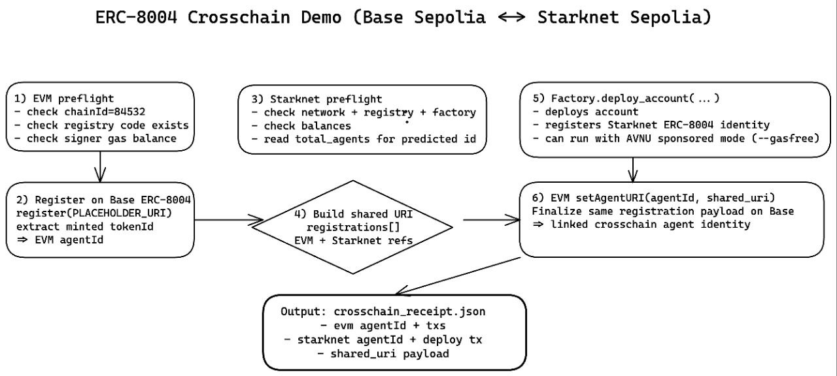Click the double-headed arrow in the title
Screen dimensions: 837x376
tap(511, 17)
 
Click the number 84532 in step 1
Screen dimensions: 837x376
tap(129, 112)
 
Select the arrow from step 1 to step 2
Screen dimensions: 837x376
tap(100, 166)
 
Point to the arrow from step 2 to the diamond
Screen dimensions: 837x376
tap(229, 220)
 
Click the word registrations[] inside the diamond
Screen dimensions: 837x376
tap(353, 227)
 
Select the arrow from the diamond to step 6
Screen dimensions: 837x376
tap(491, 220)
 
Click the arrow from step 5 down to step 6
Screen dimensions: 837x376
tap(632, 170)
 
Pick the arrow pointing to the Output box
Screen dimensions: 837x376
tap(458, 276)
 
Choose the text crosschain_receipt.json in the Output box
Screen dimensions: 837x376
tap(409, 311)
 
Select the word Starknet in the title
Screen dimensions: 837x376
tap(578, 18)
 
